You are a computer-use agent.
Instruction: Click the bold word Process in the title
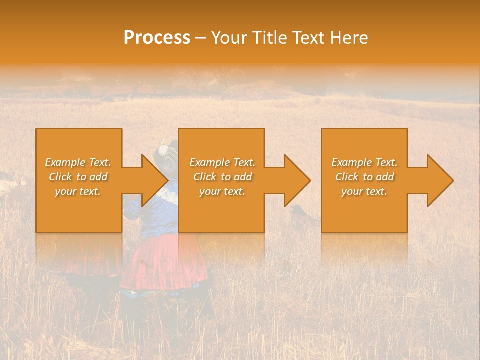click(157, 38)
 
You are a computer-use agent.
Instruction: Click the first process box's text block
click(78, 177)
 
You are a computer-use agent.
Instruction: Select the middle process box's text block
click(222, 177)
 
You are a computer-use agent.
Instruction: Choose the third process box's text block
click(364, 177)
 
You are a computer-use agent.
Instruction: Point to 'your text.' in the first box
click(78, 191)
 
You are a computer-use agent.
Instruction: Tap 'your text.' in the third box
click(364, 191)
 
